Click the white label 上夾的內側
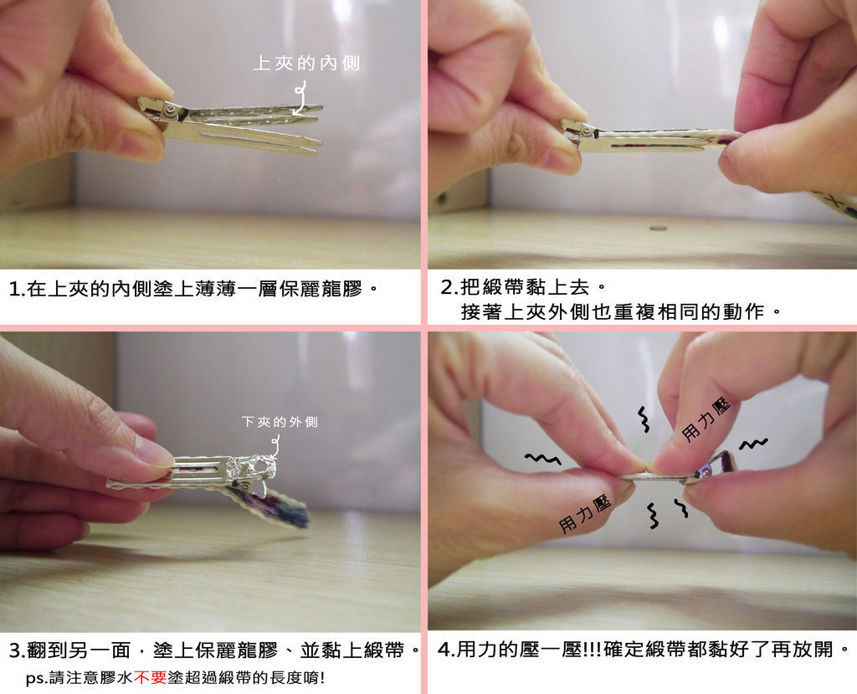pos(306,64)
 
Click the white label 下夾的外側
pos(280,422)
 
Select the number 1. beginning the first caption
pos(18,289)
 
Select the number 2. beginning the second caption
pos(449,287)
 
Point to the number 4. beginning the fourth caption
pos(446,650)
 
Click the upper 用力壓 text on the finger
pos(706,419)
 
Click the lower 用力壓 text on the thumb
pos(584,515)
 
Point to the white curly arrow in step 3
pos(275,445)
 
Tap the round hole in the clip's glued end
pos(263,466)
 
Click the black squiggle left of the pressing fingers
pos(542,458)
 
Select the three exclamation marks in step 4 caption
pos(593,650)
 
